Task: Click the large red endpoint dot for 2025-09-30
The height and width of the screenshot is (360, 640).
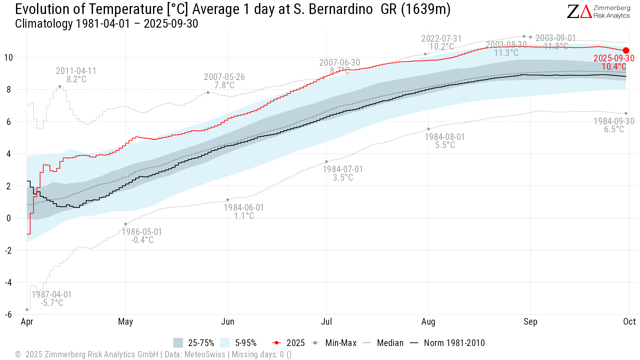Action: tap(626, 50)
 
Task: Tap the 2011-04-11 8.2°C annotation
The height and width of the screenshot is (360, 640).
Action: tap(76, 75)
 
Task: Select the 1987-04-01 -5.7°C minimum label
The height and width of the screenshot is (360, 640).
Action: tap(52, 299)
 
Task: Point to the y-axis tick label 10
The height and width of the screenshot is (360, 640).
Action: tap(9, 58)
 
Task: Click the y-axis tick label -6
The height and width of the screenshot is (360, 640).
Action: tap(8, 314)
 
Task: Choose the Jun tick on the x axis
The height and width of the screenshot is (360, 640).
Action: tap(228, 322)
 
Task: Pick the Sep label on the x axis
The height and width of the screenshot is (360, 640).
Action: tap(530, 322)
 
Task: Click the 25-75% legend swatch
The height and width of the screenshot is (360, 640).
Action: tap(178, 343)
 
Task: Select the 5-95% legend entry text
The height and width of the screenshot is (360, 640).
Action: tap(246, 343)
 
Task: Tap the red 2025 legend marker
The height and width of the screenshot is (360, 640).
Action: tap(277, 343)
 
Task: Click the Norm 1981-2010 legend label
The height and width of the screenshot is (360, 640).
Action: tap(454, 343)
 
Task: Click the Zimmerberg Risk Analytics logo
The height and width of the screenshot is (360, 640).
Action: tap(599, 12)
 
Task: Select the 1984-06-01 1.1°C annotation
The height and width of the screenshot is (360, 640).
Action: tap(244, 212)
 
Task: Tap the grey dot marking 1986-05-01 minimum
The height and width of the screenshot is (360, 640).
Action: tap(126, 224)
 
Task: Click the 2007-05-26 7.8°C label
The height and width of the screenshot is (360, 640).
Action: tap(224, 81)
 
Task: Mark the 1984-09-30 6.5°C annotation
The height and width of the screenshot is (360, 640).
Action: tap(614, 125)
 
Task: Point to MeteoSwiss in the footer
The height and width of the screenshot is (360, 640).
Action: tap(205, 354)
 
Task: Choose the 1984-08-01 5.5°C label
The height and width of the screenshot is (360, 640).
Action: tap(445, 141)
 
